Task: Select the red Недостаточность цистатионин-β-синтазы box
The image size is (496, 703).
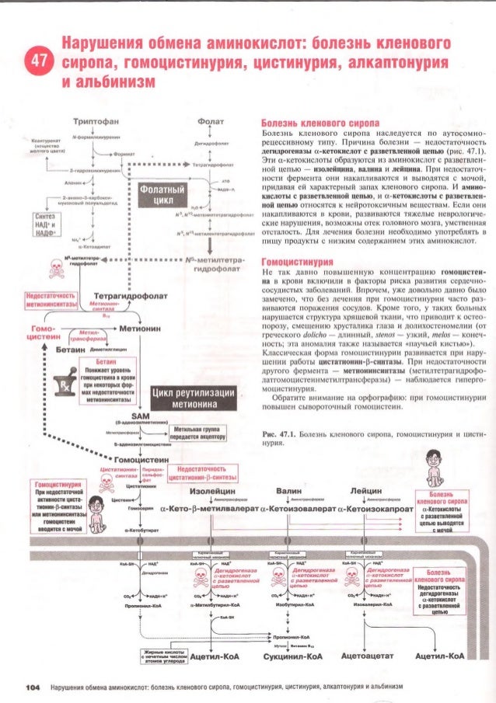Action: click(202, 473)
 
